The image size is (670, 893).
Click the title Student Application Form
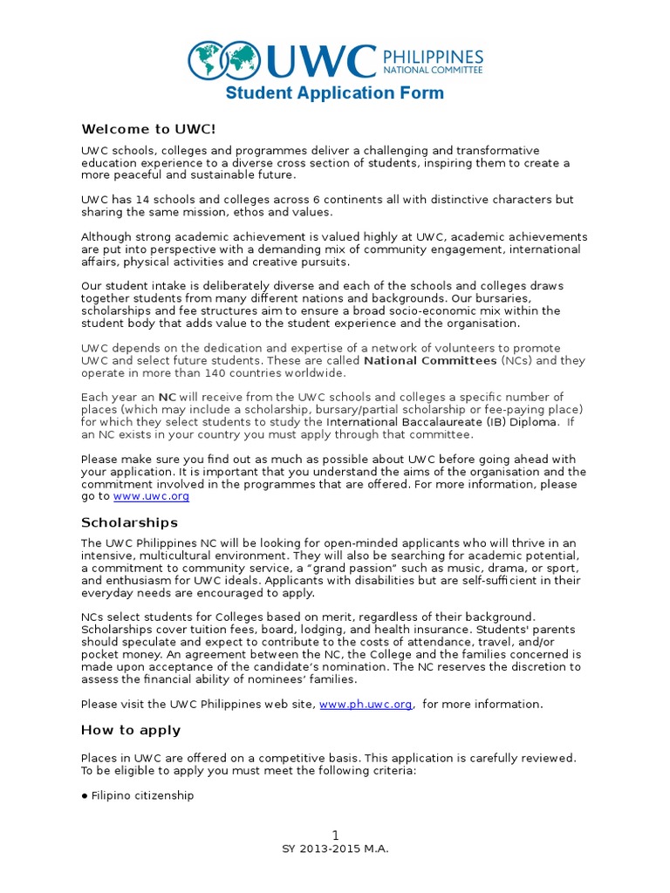(335, 93)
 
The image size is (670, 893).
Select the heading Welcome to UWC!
(147, 129)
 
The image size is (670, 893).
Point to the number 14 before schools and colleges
(145, 200)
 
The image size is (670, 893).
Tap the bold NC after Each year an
(167, 397)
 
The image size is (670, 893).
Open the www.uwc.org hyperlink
(152, 495)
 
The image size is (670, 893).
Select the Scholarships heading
(129, 522)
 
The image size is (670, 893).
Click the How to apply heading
(131, 730)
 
